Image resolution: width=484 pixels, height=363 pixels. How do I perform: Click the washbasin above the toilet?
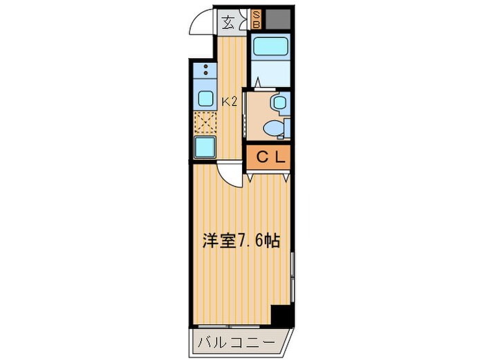(x=279, y=104)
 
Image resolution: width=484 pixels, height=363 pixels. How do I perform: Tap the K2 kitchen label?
(x=230, y=102)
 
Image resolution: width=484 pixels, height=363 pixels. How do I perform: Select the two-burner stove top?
(x=205, y=71)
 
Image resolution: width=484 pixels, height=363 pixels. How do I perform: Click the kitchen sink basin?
(x=205, y=97)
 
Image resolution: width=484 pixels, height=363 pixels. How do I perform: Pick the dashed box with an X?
(x=205, y=123)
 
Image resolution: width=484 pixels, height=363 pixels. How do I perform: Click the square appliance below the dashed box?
(x=205, y=147)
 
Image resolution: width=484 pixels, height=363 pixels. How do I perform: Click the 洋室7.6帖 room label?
(x=241, y=242)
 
